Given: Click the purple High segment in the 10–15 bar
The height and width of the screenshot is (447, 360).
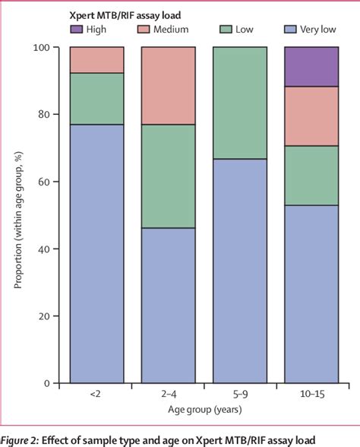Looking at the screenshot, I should [311, 66].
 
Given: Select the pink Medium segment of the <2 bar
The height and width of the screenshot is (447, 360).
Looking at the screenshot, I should [96, 59].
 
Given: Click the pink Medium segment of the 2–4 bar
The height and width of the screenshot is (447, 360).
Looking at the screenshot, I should [168, 85].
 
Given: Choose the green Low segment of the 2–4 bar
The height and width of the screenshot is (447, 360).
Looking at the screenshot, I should [168, 176].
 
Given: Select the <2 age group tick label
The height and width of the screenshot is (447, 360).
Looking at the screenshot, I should [96, 396].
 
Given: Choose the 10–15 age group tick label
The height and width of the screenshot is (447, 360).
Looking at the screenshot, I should [311, 396].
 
